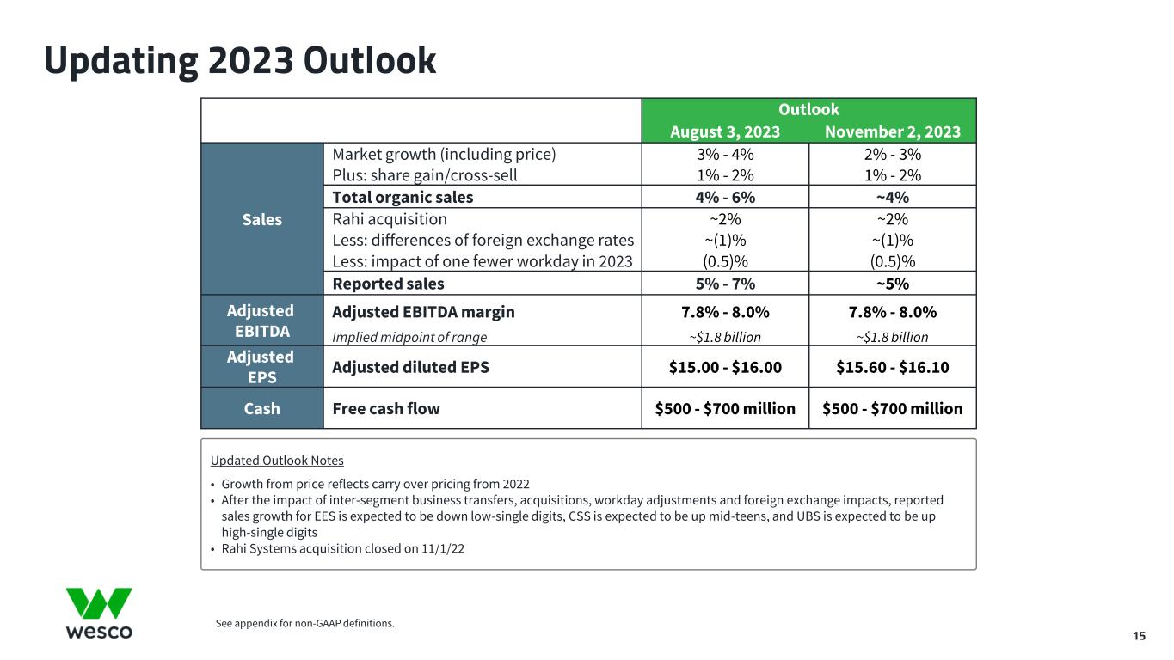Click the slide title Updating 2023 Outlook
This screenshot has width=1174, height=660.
point(240,60)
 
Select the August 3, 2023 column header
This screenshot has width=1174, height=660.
point(725,131)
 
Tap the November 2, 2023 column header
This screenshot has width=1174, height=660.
point(893,131)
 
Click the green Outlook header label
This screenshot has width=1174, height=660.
point(808,109)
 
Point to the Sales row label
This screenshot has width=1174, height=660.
point(261,219)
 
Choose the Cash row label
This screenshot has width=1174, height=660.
point(261,408)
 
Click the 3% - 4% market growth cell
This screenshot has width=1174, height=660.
point(725,155)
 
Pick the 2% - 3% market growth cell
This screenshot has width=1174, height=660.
point(893,155)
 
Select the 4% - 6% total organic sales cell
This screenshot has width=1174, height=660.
point(725,197)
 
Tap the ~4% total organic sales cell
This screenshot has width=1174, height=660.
point(893,197)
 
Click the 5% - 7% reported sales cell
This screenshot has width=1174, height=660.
point(725,284)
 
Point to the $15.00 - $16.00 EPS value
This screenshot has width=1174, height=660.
point(725,367)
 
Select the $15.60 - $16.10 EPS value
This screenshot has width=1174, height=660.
point(893,367)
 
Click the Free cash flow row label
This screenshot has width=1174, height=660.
point(386,408)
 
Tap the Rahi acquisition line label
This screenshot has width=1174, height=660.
point(390,219)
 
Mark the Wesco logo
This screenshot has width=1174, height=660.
point(99,614)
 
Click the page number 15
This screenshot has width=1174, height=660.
point(1139,636)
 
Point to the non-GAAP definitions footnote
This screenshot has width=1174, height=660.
point(304,623)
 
